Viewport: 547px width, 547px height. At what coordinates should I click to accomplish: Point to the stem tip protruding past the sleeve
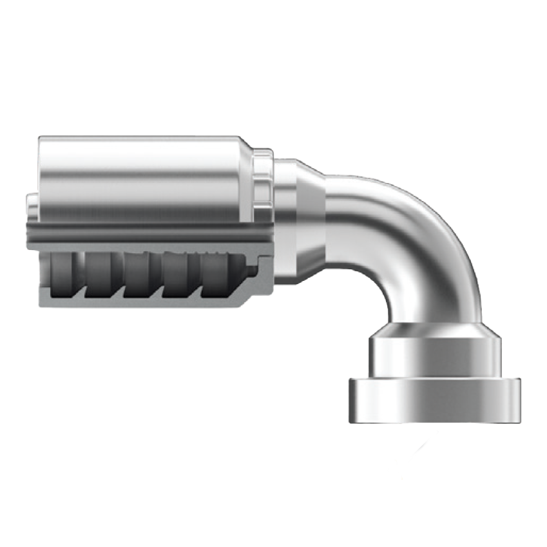[30, 206]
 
